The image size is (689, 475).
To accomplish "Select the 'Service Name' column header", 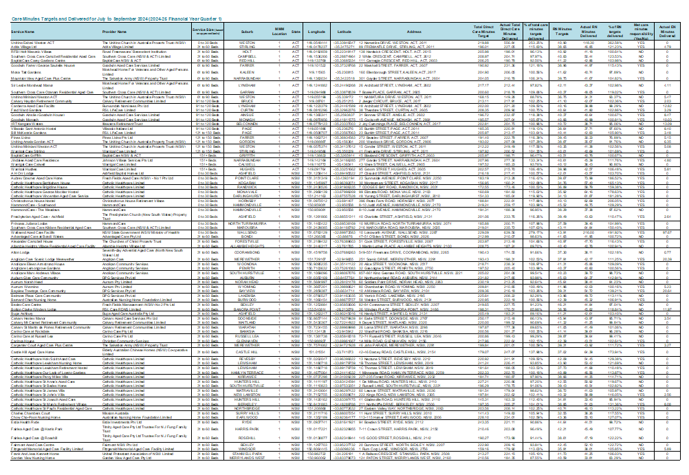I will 23,32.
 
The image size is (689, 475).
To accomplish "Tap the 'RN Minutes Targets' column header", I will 562,32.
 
